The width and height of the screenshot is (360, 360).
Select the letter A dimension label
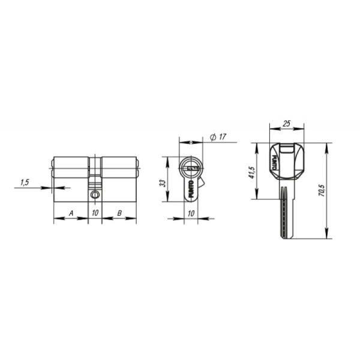71,213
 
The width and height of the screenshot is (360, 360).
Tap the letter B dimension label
119,213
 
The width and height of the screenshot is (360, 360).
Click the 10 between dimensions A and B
95,213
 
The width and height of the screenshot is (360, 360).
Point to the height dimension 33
162,182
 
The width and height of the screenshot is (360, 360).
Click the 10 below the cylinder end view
191,213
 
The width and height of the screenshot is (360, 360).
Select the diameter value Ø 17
218,137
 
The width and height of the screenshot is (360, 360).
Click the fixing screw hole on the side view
95,195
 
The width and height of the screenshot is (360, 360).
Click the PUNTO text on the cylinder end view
191,190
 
